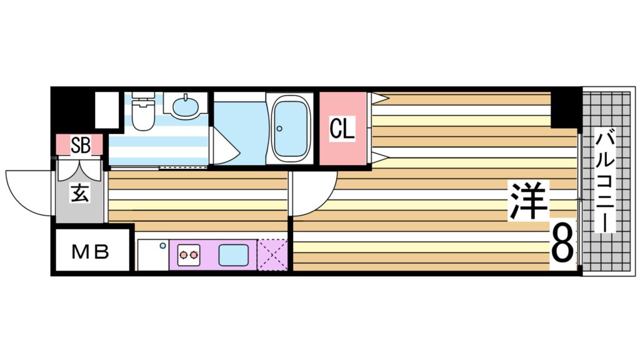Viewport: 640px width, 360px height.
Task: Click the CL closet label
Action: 342,129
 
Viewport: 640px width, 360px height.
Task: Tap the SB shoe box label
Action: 80,145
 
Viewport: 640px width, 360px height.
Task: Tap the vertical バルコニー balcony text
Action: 605,181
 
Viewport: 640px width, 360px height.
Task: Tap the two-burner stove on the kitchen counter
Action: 189,255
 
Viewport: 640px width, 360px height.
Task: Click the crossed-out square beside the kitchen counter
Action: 272,255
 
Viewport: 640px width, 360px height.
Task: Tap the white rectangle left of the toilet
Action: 107,111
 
